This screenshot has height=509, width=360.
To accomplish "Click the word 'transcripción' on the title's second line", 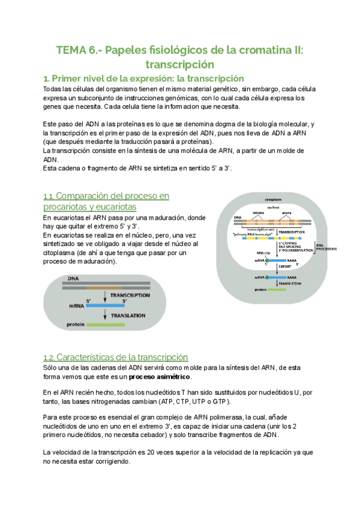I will click(180, 64).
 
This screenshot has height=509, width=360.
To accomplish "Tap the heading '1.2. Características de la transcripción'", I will click(116, 357).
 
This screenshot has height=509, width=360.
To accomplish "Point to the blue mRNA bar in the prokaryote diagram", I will click(104, 305).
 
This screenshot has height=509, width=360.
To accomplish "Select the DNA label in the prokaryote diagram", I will click(73, 278).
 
